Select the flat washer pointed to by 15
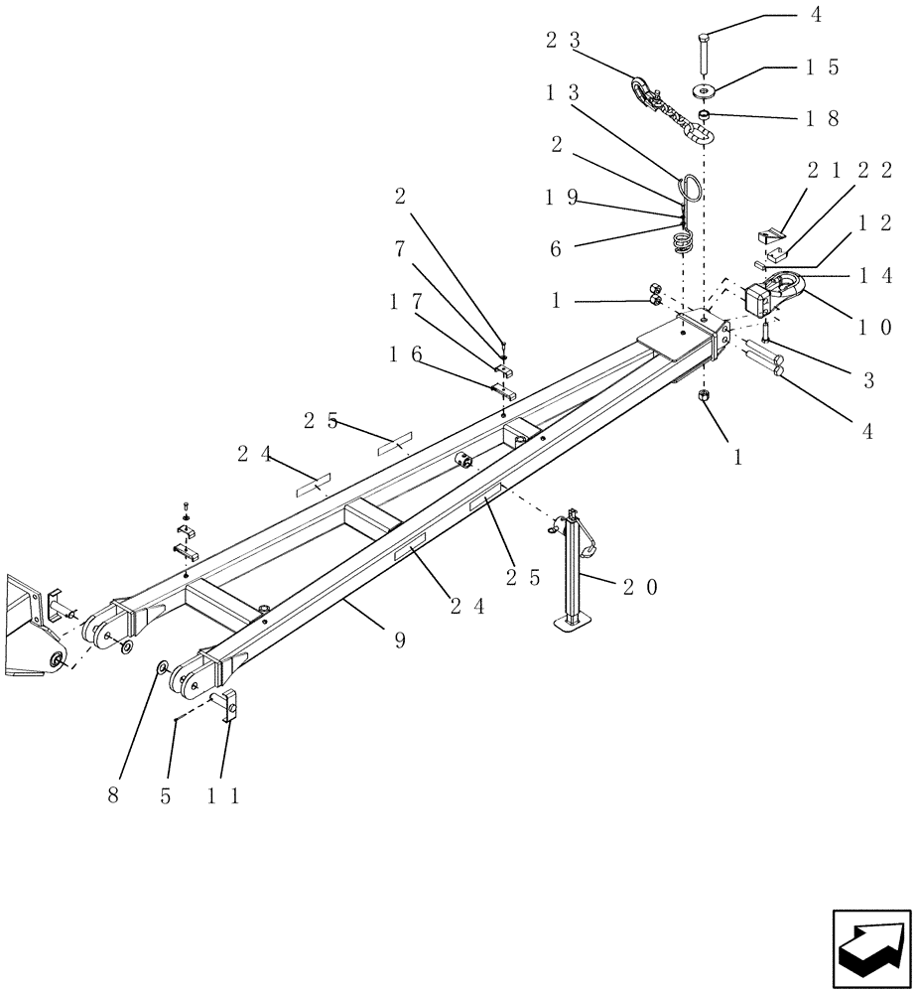[x=707, y=91]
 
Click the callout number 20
[x=639, y=587]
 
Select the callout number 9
[x=400, y=641]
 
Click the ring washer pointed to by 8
[x=160, y=668]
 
